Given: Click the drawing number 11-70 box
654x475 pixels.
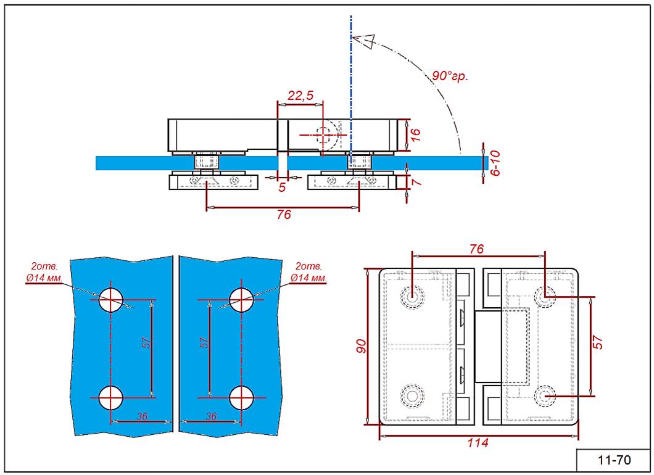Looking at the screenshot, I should coord(614,460).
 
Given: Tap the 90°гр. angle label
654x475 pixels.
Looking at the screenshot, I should coord(450,76).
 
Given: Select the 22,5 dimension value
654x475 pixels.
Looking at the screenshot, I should coord(301,95).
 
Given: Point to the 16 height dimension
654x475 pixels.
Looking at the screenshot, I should coord(415,134).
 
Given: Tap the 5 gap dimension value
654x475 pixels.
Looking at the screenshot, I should coord(282,187).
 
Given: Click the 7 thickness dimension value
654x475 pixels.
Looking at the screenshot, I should coord(416,183).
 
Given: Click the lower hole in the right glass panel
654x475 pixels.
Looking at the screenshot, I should coord(241,398).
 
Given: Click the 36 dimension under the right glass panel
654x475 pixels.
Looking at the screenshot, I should coord(211,416).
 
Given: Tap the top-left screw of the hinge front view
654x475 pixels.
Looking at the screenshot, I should coord(410,296).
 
